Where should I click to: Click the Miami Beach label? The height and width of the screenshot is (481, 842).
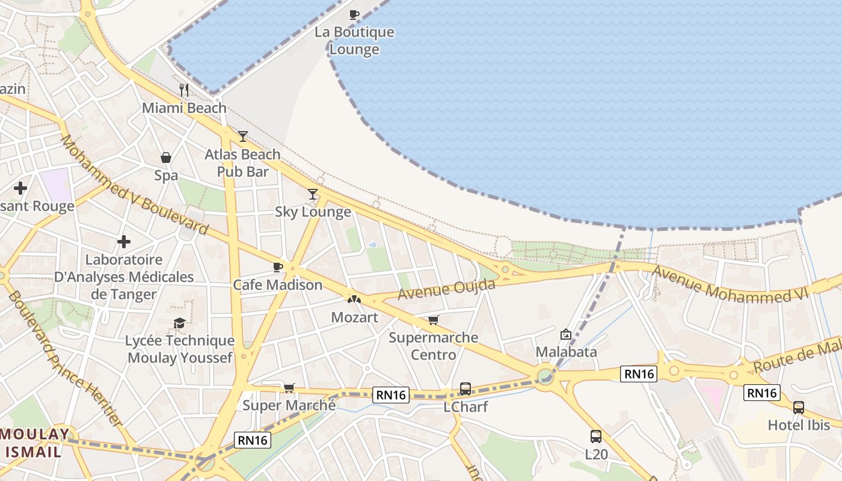(x=184, y=108)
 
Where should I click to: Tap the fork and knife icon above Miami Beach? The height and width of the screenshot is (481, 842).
(x=184, y=90)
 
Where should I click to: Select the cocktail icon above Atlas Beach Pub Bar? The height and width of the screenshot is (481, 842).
(x=242, y=136)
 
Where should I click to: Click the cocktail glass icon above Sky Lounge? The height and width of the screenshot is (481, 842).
(x=313, y=194)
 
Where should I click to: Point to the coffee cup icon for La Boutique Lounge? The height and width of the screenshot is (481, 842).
(x=354, y=14)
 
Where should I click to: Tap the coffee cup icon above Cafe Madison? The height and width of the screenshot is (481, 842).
(x=277, y=267)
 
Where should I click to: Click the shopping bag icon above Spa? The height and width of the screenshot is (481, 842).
(x=166, y=158)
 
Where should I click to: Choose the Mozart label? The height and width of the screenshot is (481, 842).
(x=355, y=317)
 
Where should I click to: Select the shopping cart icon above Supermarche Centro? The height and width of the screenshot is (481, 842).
(x=434, y=320)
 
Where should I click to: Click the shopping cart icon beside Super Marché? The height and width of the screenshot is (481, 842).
(x=289, y=388)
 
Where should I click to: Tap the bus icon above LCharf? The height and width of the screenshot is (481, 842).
(x=466, y=389)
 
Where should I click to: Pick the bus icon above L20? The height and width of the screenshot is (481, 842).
(x=596, y=437)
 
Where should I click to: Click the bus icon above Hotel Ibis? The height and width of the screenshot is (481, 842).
(x=799, y=407)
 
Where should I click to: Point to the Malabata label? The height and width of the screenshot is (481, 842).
(x=566, y=351)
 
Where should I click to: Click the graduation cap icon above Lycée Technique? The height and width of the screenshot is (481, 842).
(x=179, y=323)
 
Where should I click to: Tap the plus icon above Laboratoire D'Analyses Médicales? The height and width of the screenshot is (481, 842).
(x=124, y=242)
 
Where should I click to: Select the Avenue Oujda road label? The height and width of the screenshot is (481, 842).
(x=446, y=288)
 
